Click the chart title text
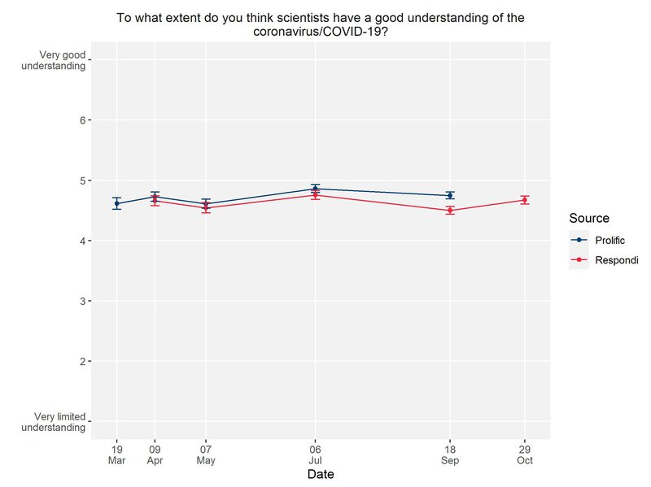click(x=320, y=24)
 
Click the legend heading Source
click(x=589, y=218)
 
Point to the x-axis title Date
click(x=320, y=473)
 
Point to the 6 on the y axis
click(x=84, y=120)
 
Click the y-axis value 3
click(x=84, y=301)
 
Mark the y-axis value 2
click(x=84, y=361)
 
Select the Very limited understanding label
click(x=57, y=421)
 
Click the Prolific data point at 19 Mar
click(x=117, y=203)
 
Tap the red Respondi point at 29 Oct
click(x=525, y=200)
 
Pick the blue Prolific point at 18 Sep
click(x=449, y=195)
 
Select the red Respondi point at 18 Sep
click(x=449, y=211)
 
